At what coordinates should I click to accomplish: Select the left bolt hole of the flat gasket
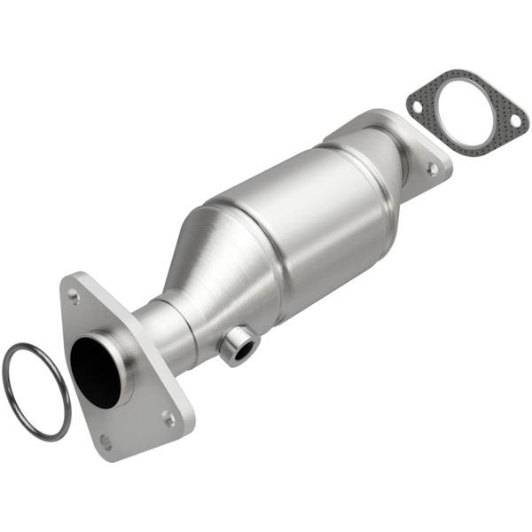click(417, 106)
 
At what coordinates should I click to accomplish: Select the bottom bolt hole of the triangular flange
click(106, 441)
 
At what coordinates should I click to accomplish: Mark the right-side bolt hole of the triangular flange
click(168, 417)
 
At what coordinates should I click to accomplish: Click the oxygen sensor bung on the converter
click(239, 345)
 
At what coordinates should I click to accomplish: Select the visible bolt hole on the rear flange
click(432, 168)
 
